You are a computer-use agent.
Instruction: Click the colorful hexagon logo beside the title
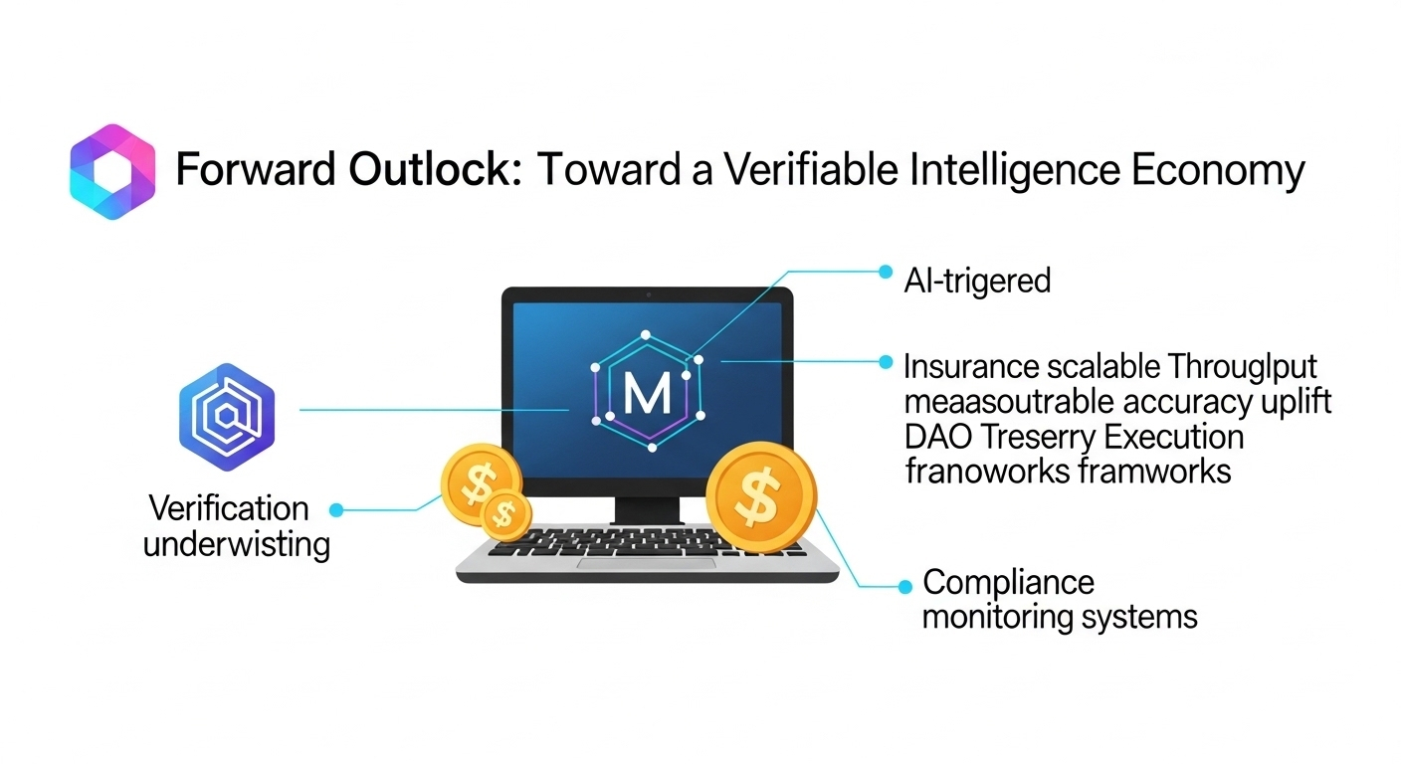coord(112,171)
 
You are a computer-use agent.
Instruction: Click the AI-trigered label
coord(977,281)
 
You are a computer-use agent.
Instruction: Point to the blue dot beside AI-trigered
coord(885,271)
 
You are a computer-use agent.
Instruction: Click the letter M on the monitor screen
coord(647,394)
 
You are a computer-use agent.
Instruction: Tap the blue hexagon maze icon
coord(226,409)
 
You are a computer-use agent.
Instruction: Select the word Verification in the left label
coord(228,508)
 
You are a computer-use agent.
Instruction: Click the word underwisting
coord(237,545)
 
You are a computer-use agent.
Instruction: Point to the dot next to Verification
coord(336,509)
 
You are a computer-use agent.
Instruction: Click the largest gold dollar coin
coord(760,496)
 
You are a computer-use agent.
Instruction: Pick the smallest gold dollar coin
coord(505,513)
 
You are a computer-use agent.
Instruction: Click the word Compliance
coord(1008,582)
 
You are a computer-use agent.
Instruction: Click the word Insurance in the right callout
coord(971,367)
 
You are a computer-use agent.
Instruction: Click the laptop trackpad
coord(648,564)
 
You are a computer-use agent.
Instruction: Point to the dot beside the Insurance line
coord(885,363)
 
